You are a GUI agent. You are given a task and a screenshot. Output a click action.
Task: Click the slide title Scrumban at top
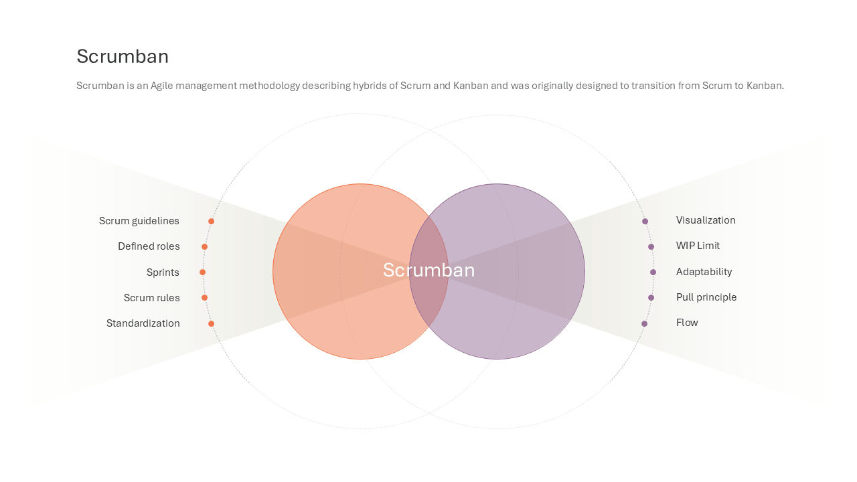click(123, 56)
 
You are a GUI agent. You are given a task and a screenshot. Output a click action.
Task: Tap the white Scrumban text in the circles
click(429, 270)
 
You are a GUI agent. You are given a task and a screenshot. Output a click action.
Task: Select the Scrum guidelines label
click(139, 221)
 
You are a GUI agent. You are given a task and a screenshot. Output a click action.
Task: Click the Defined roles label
click(149, 246)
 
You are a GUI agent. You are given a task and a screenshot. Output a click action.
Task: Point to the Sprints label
click(163, 272)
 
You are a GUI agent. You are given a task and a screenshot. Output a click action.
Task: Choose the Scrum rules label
click(151, 298)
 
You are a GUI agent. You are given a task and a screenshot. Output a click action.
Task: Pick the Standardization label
click(143, 323)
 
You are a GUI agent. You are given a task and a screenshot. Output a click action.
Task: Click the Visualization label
click(706, 220)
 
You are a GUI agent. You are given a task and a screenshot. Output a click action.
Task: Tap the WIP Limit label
click(698, 246)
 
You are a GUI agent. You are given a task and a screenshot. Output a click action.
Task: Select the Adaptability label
click(704, 272)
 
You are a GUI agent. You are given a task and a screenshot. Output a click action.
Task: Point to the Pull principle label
click(706, 297)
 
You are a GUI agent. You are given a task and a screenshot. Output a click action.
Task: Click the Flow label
click(687, 323)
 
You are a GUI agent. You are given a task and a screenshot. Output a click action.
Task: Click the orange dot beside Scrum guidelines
click(211, 222)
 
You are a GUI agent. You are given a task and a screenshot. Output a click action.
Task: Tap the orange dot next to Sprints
click(202, 272)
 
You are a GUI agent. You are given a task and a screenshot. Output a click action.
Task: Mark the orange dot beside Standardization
click(211, 323)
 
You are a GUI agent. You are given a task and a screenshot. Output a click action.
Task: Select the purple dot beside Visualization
click(645, 222)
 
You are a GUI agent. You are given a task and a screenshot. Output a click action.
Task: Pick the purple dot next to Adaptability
click(653, 272)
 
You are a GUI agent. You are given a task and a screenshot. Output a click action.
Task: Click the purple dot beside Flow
click(644, 323)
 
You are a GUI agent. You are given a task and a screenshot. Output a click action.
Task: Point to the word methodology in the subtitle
click(269, 86)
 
